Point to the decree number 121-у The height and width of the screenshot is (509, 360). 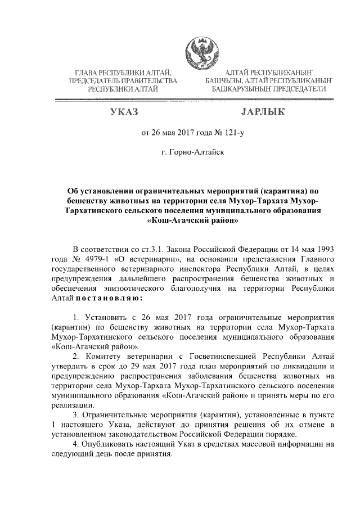click(x=232, y=133)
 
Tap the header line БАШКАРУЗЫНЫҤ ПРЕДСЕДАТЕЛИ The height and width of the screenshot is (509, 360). click(x=268, y=89)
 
